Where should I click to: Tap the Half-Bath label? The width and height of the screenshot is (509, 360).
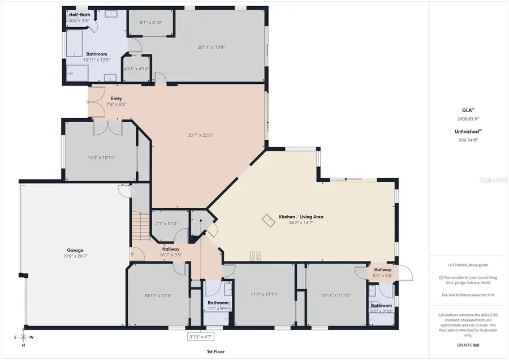click(80, 14)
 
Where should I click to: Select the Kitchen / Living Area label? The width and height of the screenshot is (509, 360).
click(300, 217)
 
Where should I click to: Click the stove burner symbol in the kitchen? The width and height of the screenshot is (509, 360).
click(256, 256)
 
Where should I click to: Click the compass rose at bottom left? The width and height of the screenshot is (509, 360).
click(23, 337)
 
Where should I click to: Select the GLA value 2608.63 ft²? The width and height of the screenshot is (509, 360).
click(468, 119)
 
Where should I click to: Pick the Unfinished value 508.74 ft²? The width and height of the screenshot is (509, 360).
click(468, 139)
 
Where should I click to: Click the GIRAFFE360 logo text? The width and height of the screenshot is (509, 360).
click(468, 344)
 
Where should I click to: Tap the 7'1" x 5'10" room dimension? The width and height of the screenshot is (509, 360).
click(166, 224)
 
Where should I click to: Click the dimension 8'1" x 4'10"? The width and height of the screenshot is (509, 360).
click(150, 23)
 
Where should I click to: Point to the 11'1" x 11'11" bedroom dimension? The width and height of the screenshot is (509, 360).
click(264, 294)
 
